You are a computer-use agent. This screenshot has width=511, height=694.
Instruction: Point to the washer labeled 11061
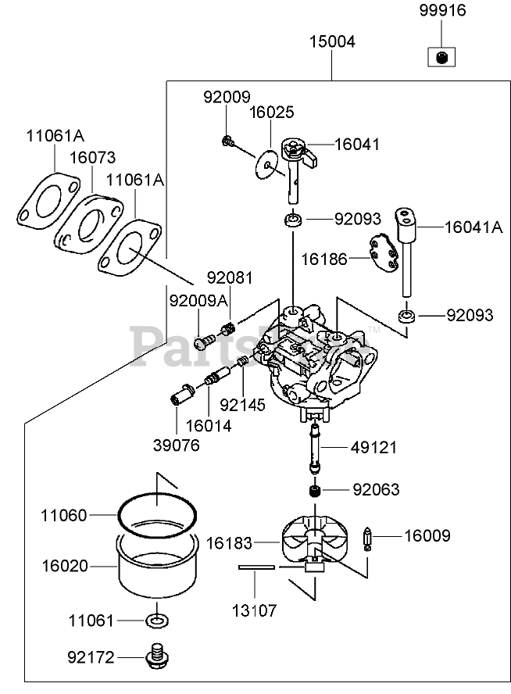click(156, 621)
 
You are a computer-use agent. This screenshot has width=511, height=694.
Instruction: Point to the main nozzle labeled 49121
click(316, 448)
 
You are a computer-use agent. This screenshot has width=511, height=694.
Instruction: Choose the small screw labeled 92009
click(227, 141)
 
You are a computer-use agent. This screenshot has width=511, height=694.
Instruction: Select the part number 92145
click(243, 405)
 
